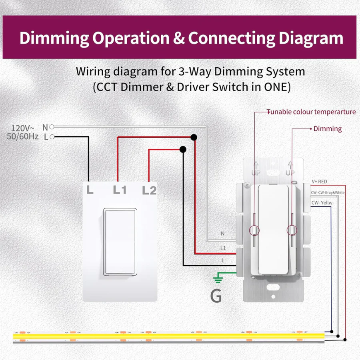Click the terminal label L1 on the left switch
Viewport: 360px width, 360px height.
click(120, 190)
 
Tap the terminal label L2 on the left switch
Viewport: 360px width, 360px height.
click(149, 190)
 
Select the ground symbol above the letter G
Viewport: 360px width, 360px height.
click(218, 279)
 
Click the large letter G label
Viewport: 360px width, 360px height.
click(216, 296)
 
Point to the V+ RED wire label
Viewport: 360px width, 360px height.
click(319, 182)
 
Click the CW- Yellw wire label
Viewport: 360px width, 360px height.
click(322, 202)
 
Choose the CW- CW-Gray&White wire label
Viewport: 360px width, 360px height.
click(327, 192)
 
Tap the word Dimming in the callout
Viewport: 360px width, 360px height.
click(327, 129)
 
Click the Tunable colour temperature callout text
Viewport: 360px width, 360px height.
click(311, 112)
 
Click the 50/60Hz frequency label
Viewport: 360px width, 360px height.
click(23, 137)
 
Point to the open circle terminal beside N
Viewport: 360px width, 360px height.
click(52, 127)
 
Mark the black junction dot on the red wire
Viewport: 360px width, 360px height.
click(194, 138)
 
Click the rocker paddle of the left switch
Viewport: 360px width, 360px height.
click(120, 242)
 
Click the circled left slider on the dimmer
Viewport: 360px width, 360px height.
click(254, 230)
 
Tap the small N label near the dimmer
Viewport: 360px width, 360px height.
click(223, 233)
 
